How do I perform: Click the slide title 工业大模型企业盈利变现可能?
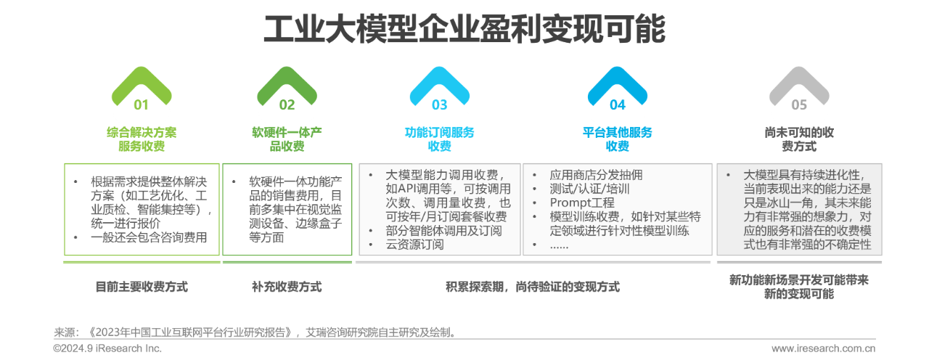464,30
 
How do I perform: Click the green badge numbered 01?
141,105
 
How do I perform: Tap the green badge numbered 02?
287,105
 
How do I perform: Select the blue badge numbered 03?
440,105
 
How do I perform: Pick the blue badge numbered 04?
617,105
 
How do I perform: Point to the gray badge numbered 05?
799,105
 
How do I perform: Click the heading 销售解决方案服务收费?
141,139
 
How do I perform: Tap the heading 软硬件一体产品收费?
287,139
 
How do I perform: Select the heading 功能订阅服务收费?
440,139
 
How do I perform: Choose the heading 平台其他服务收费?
617,139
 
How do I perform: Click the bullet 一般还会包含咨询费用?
150,237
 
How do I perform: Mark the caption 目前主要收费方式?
141,286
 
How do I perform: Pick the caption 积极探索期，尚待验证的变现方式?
532,286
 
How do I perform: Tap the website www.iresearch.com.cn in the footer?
823,349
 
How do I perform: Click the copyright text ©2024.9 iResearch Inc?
107,349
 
